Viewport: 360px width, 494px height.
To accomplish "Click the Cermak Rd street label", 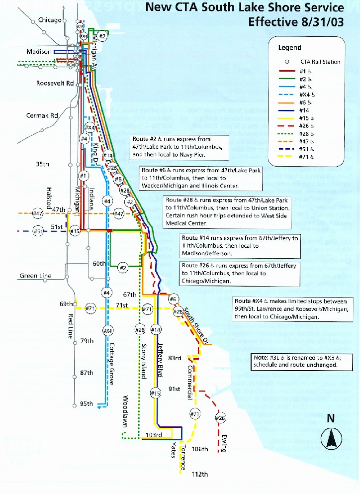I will pos(42,115).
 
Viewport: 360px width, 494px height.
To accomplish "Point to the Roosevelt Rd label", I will pos(55,84).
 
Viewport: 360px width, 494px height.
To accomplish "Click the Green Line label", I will pos(35,276).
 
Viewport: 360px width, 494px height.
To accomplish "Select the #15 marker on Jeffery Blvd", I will pos(156,394).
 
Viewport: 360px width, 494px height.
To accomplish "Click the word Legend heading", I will pos(289,48).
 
